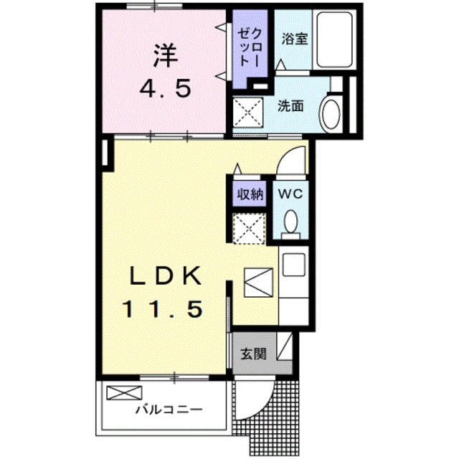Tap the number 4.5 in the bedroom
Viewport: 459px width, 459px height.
point(164,89)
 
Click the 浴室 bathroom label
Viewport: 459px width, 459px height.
point(294,39)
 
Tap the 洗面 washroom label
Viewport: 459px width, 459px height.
point(290,106)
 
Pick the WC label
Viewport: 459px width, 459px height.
point(291,194)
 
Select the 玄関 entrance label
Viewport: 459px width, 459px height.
point(253,353)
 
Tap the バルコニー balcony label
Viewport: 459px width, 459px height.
point(169,411)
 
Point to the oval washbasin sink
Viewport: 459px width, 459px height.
point(331,113)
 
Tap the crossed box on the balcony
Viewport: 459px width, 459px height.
point(125,393)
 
